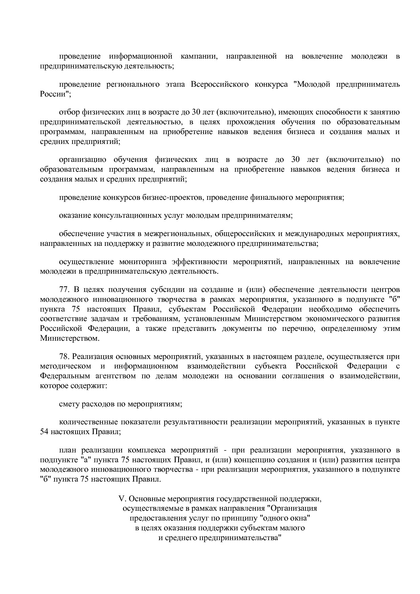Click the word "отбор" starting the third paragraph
68,112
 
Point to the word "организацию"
83,160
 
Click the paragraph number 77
64,290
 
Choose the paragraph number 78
64,357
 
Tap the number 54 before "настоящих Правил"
44,432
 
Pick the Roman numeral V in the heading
122,499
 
